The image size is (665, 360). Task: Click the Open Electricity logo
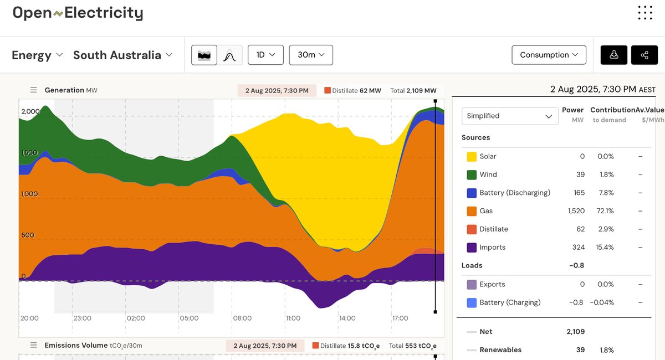point(78,13)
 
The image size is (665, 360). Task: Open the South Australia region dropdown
point(122,55)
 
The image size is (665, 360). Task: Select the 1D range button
point(265,55)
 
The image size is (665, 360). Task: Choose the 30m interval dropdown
point(311,55)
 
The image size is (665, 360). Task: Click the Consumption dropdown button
point(549,55)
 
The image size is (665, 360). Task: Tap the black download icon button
point(614,55)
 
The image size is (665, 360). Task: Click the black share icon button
point(644,55)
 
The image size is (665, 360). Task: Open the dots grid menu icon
point(644,13)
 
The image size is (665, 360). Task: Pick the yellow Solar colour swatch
point(472,157)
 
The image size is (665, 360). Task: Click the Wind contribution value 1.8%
point(606,175)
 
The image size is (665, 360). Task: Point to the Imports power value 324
point(578,248)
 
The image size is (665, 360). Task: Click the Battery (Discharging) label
point(515,193)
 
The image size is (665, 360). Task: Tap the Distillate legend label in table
point(494,229)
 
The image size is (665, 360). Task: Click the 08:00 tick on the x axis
point(242,318)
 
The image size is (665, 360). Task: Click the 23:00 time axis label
point(82,318)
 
